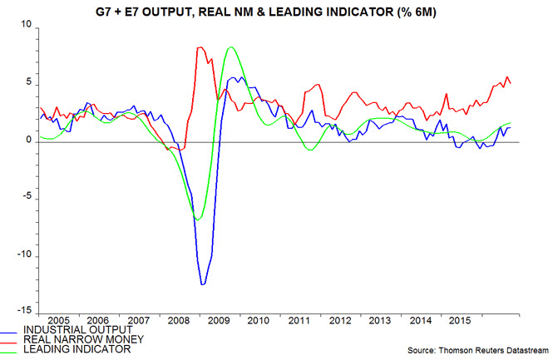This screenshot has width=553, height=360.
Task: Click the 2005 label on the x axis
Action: click(x=59, y=320)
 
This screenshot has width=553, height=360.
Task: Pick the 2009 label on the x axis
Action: click(x=219, y=320)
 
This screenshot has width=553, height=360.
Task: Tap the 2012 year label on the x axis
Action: click(x=338, y=320)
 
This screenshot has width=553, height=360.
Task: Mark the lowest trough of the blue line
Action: click(x=202, y=285)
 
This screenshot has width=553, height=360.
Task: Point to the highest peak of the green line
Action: click(x=230, y=47)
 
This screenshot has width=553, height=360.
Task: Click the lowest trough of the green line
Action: click(x=197, y=219)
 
